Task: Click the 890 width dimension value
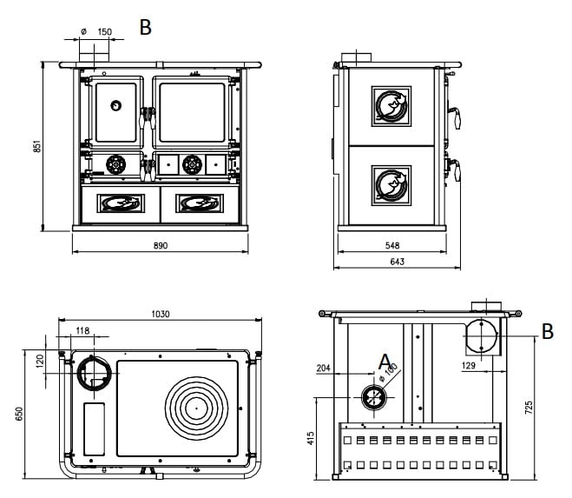point(161,246)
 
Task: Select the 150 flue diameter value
point(104,31)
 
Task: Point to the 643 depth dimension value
point(397,261)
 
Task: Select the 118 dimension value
point(82,330)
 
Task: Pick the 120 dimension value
point(39,360)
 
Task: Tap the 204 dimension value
point(325,369)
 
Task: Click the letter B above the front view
point(146,27)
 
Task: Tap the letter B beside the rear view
point(547,331)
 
